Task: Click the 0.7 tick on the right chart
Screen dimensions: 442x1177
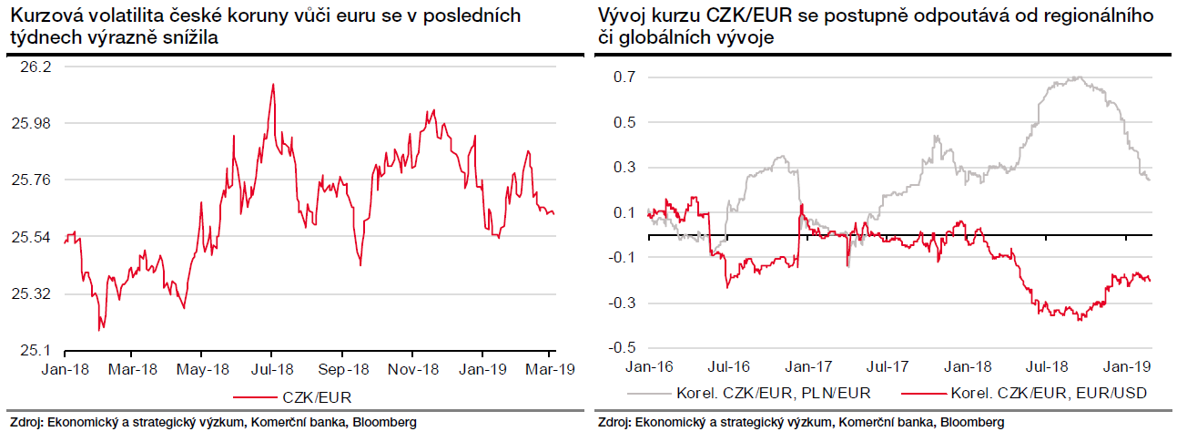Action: pos(624,77)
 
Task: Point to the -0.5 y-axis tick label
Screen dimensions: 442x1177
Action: pos(621,347)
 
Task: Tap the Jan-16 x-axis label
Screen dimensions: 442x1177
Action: pos(648,366)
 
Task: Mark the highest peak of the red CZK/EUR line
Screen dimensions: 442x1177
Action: pos(272,85)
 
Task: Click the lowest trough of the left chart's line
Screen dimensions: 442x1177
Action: pos(99,330)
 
